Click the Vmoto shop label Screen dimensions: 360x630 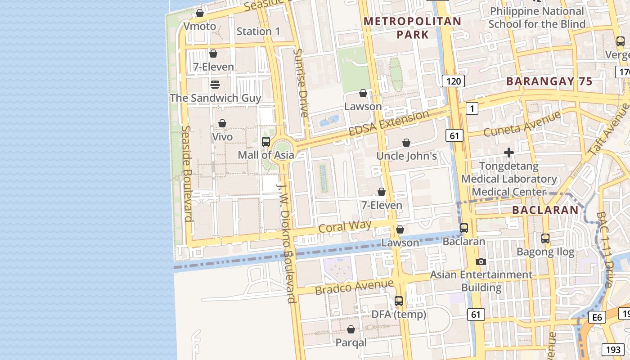pyautogui.click(x=200, y=27)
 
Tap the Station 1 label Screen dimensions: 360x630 pyautogui.click(x=258, y=31)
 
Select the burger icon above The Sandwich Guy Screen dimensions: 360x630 pyautogui.click(x=215, y=85)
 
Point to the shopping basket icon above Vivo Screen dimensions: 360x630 pyautogui.click(x=222, y=123)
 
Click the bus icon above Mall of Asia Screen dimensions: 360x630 pyautogui.click(x=266, y=142)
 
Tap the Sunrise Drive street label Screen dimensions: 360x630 pyautogui.click(x=301, y=83)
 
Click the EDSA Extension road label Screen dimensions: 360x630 pyautogui.click(x=389, y=123)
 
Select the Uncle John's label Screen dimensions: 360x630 pyautogui.click(x=406, y=156)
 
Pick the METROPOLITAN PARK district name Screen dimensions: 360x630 pyautogui.click(x=413, y=27)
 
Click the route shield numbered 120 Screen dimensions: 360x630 pyautogui.click(x=453, y=81)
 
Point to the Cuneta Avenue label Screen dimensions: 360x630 pyautogui.click(x=522, y=123)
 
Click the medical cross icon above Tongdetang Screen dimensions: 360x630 pyautogui.click(x=509, y=153)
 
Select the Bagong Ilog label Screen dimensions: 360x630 pyautogui.click(x=545, y=252)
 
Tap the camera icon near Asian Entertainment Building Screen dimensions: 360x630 pyautogui.click(x=481, y=261)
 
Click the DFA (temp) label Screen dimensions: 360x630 pyautogui.click(x=399, y=314)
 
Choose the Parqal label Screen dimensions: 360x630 pyautogui.click(x=351, y=342)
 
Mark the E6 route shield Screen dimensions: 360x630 pyautogui.click(x=597, y=318)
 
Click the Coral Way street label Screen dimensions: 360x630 pyautogui.click(x=345, y=226)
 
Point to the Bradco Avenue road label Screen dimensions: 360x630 pyautogui.click(x=354, y=287)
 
